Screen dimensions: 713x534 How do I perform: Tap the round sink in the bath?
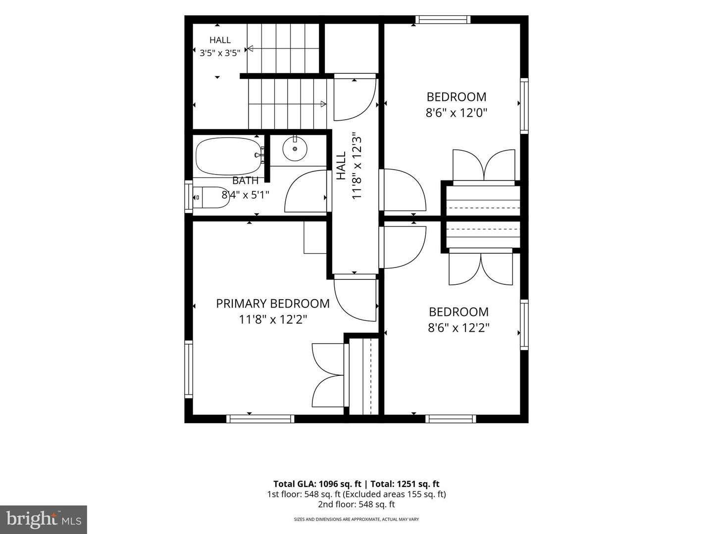pos(295,149)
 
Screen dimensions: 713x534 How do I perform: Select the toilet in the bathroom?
pos(211,197)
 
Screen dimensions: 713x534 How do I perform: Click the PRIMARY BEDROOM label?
pos(273,304)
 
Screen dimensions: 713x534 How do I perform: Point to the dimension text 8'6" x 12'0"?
pos(457,113)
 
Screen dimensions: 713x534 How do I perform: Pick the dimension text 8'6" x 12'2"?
pos(458,328)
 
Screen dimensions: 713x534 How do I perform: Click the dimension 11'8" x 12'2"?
pos(273,320)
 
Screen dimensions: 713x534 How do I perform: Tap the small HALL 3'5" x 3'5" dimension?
pos(220,53)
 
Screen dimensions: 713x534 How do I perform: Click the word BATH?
pos(246,180)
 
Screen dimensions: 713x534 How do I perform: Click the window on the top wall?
pos(443,20)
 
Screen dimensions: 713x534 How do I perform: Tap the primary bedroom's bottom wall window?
pos(260,419)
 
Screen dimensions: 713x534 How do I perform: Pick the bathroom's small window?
pos(189,197)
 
